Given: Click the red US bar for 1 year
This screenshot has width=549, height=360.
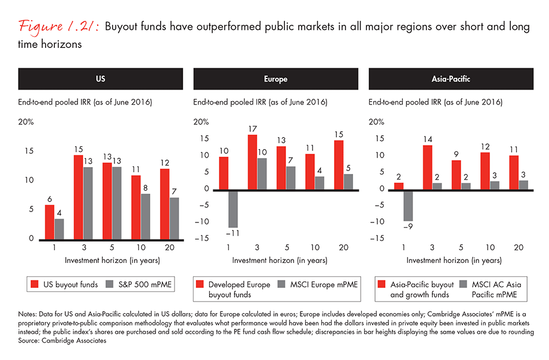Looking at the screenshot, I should pyautogui.click(x=50, y=222).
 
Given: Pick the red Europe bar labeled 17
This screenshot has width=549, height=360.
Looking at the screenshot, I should pyautogui.click(x=252, y=162).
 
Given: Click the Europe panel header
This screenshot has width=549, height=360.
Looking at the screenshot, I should pyautogui.click(x=275, y=79).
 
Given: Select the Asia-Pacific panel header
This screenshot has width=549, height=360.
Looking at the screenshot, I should pyautogui.click(x=450, y=79).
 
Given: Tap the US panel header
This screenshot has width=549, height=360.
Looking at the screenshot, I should pyautogui.click(x=100, y=79).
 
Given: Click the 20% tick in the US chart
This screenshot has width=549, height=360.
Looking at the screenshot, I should pyautogui.click(x=27, y=122).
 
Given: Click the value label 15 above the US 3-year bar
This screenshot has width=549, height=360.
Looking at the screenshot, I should pyautogui.click(x=78, y=150).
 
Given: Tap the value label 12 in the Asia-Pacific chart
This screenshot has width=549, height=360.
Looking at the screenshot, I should pyautogui.click(x=485, y=147).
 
